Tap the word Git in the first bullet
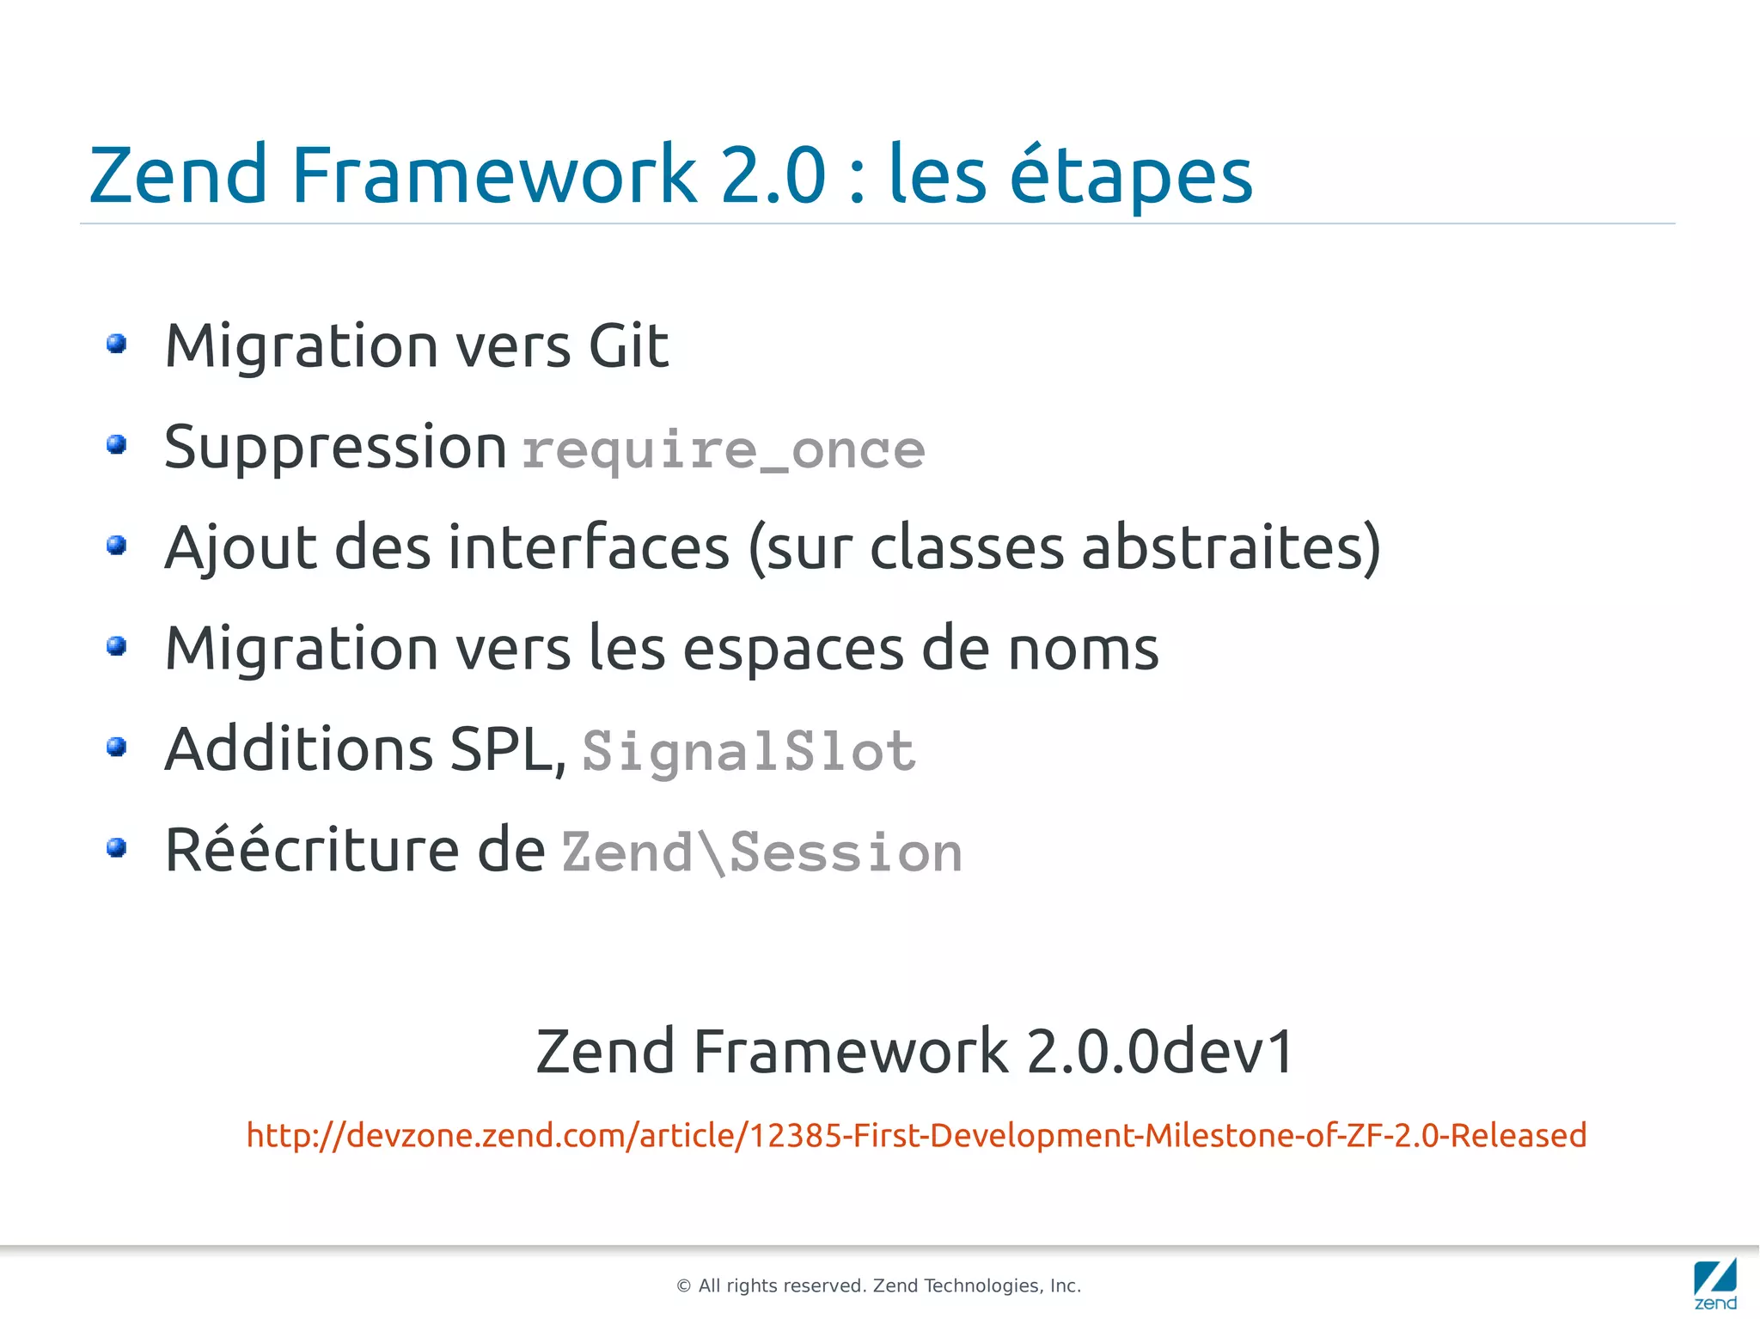pyautogui.click(x=628, y=346)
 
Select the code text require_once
pyautogui.click(x=723, y=450)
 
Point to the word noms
pyautogui.click(x=1083, y=649)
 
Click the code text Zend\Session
pyautogui.click(x=761, y=852)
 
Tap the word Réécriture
pyautogui.click(x=311, y=850)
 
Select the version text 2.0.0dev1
pyautogui.click(x=1160, y=1051)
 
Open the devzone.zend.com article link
pyautogui.click(x=916, y=1135)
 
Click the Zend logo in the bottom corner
pyautogui.click(x=1714, y=1283)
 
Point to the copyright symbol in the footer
pyautogui.click(x=684, y=1286)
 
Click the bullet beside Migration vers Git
pyautogui.click(x=117, y=345)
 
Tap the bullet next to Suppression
pyautogui.click(x=117, y=445)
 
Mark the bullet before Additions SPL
pyautogui.click(x=117, y=748)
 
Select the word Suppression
pyautogui.click(x=335, y=448)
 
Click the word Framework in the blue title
pyautogui.click(x=493, y=175)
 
